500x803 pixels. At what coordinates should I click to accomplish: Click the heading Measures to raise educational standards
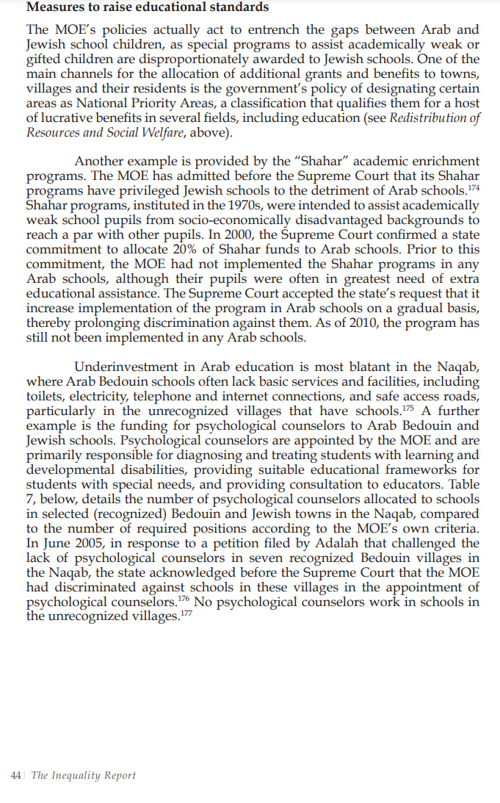coord(147,7)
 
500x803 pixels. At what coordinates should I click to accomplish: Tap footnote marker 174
coord(474,188)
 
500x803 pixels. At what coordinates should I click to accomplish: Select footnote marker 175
coord(409,407)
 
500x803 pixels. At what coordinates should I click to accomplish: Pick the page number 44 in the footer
coord(15,775)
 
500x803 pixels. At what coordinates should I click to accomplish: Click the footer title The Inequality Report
coord(83,775)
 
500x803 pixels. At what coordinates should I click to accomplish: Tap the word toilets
coord(46,396)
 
